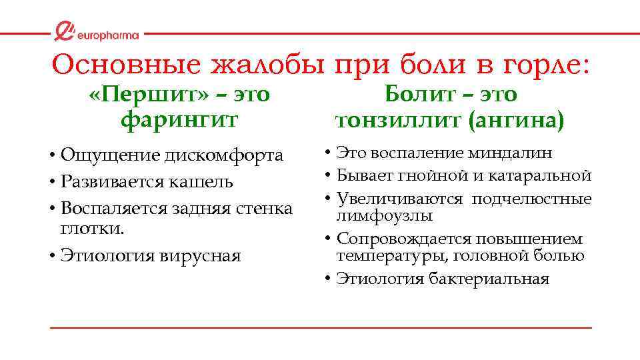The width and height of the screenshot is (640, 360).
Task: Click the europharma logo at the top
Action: click(97, 32)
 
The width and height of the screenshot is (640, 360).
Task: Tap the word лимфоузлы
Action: click(385, 215)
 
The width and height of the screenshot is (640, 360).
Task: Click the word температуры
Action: click(383, 255)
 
